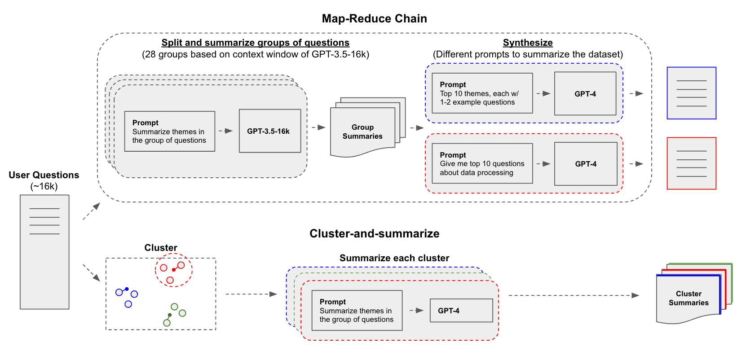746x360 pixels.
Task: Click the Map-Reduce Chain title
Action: coord(374,18)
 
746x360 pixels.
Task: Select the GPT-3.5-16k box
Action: coord(270,131)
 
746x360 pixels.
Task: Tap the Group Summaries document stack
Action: coord(363,132)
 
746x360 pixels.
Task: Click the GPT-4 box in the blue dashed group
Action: coord(585,94)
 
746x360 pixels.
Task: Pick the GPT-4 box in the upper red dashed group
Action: coord(586,164)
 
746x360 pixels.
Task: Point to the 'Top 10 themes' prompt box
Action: coord(482,93)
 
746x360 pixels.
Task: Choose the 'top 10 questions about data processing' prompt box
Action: coord(482,163)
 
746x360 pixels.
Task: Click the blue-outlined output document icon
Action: coord(691,93)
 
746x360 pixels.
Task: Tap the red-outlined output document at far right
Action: coord(691,163)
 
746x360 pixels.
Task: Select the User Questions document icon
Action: coord(44,251)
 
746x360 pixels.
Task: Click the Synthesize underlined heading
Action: coord(528,43)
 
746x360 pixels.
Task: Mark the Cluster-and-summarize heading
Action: coord(374,233)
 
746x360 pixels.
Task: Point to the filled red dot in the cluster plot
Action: coord(174,270)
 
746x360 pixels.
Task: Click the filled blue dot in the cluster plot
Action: coord(127,289)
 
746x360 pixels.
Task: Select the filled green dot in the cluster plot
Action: coord(170,315)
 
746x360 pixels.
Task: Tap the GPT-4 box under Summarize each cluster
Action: coord(461,311)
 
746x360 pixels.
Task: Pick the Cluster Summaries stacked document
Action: coord(689,298)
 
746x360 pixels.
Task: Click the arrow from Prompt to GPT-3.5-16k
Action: coord(226,131)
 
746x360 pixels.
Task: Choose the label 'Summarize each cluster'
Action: coord(394,258)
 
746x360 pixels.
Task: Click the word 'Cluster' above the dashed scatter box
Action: coord(161,248)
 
